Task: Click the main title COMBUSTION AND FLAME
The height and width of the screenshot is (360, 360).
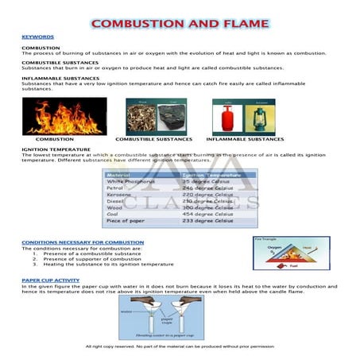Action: click(180, 23)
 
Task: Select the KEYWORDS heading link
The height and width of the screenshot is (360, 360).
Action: click(37, 37)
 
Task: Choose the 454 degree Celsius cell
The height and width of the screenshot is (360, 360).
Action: click(205, 214)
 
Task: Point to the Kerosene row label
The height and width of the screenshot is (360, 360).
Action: click(120, 195)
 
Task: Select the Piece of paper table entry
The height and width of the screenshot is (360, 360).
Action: click(127, 221)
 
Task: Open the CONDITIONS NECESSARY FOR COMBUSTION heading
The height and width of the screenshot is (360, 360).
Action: click(83, 242)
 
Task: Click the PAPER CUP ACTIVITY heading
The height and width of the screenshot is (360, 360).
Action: click(51, 281)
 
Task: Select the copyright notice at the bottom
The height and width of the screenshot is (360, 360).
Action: click(180, 346)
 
